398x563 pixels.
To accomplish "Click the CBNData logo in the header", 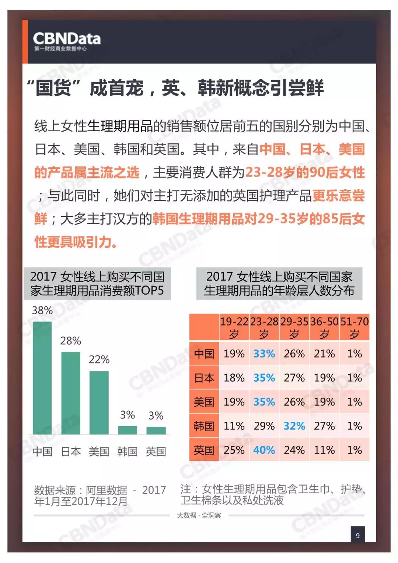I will [x=66, y=41].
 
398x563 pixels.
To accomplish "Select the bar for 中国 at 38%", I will [x=42, y=378].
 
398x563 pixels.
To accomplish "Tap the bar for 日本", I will [x=70, y=393].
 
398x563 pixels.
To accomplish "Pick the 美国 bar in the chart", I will [x=99, y=403].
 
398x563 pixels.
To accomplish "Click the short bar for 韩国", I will [x=127, y=430].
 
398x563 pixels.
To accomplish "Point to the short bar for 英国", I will [x=156, y=431].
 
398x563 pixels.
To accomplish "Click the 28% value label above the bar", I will [x=70, y=341].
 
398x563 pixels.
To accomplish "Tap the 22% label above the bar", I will [x=99, y=359].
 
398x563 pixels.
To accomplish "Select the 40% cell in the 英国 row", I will [x=264, y=450].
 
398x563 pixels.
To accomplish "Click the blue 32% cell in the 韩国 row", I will [x=294, y=426].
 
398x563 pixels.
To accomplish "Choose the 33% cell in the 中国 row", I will [x=264, y=354].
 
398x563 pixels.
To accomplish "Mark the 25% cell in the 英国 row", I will [x=234, y=450].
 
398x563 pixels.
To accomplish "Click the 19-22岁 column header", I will [x=234, y=327].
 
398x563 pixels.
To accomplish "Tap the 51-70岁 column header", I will [x=354, y=327].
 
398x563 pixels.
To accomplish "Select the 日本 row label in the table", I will [x=204, y=378].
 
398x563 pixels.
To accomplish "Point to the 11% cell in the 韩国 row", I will [x=234, y=426].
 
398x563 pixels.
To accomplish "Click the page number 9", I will [x=357, y=535].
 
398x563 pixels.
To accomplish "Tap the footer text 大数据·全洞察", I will [x=199, y=515].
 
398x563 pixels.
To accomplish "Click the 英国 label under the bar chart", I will [x=156, y=452].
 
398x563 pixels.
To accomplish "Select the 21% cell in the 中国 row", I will [x=324, y=354].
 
